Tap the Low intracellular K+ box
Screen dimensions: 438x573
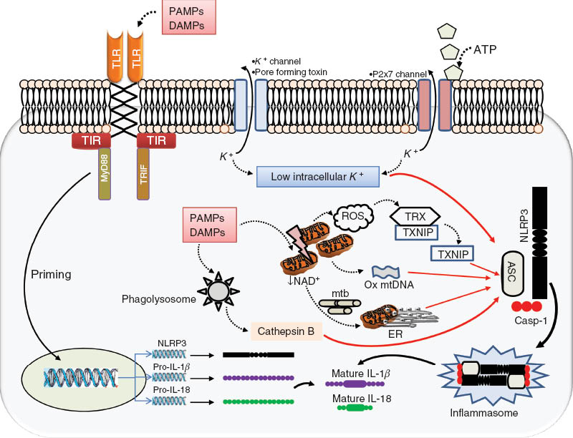[x=319, y=175]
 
